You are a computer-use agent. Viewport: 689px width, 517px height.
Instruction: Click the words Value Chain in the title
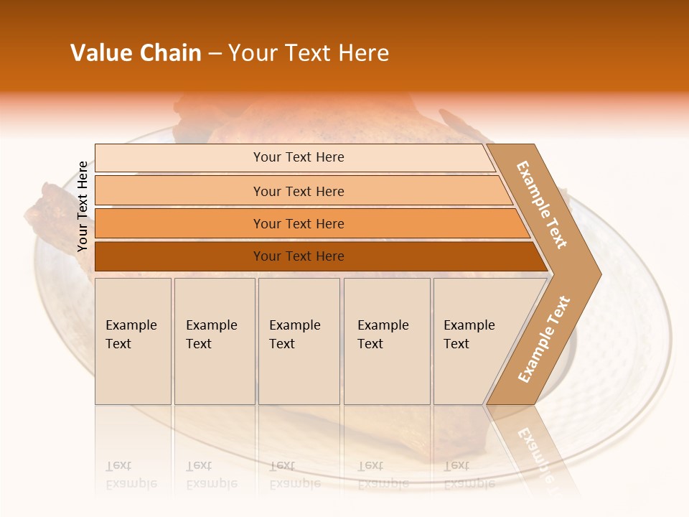pos(136,53)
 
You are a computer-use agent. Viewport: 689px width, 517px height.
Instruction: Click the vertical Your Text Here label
pos(83,206)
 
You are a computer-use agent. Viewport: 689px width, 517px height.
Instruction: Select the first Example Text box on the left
pos(133,341)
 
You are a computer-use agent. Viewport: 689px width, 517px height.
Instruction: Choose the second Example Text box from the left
pos(214,341)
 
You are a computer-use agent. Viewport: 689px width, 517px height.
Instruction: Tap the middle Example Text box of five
pos(299,341)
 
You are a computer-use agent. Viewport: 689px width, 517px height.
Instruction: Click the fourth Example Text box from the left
pos(386,341)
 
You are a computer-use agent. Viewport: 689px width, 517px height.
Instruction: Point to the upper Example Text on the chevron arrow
pos(543,205)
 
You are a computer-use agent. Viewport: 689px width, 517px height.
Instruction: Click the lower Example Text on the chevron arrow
pos(544,339)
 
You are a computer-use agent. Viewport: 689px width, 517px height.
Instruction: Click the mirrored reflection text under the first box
pos(131,475)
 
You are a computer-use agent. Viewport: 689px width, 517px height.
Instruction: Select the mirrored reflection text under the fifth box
pos(468,475)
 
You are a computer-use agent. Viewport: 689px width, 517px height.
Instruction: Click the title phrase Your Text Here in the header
pos(309,53)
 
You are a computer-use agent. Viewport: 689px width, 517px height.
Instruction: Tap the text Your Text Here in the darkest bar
pos(299,256)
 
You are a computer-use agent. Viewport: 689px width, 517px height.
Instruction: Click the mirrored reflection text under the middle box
pos(294,475)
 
